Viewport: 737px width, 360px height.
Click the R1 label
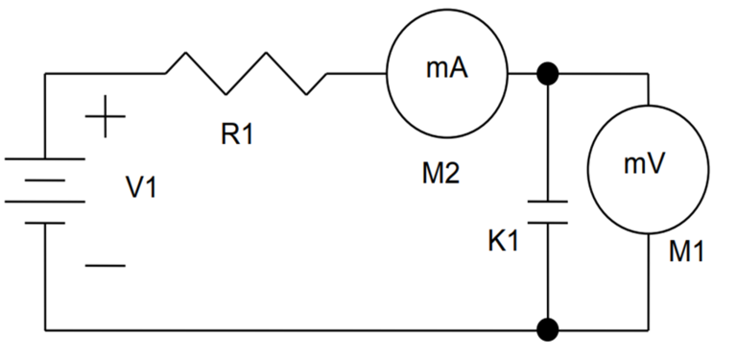(x=237, y=135)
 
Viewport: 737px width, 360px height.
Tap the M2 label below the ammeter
(x=440, y=174)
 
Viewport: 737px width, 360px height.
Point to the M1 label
(x=687, y=252)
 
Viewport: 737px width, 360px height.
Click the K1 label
(x=503, y=241)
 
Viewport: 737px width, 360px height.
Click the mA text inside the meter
(x=446, y=69)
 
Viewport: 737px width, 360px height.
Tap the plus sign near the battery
(x=105, y=119)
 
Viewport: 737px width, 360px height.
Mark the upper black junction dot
(x=548, y=73)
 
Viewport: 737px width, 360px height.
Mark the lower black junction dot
(x=548, y=331)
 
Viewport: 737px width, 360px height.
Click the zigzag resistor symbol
(x=247, y=73)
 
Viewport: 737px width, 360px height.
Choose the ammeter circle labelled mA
(x=446, y=73)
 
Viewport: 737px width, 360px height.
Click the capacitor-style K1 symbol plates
(x=548, y=212)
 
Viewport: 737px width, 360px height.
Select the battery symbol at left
(x=44, y=191)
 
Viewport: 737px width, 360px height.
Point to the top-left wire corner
(x=45, y=73)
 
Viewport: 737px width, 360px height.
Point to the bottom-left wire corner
(x=45, y=331)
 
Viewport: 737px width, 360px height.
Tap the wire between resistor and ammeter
(x=355, y=73)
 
